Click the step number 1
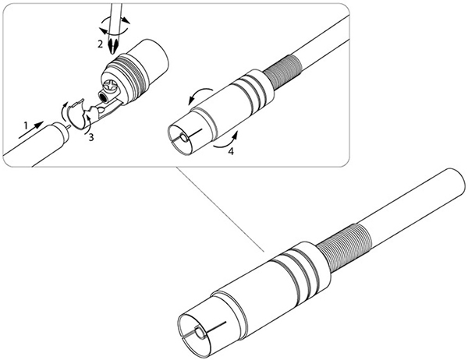(26, 125)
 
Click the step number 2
(101, 44)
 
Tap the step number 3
(91, 137)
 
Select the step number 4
(231, 151)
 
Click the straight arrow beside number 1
(31, 130)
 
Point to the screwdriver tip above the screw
(114, 45)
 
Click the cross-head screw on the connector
(109, 86)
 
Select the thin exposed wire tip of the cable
(69, 126)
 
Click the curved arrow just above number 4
(225, 141)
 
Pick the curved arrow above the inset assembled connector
(200, 95)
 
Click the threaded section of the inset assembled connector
(282, 72)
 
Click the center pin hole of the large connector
(200, 332)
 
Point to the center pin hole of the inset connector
(183, 138)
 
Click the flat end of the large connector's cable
(456, 182)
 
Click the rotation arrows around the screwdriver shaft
(115, 25)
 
